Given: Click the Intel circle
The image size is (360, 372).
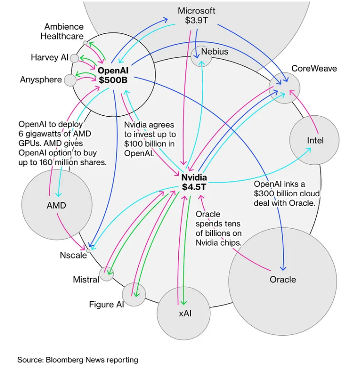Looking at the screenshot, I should tap(314, 140).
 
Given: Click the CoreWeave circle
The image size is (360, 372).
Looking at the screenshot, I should tap(284, 88).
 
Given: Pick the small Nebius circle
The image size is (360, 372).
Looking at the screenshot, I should tap(201, 56).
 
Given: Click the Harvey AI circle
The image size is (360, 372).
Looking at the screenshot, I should tap(74, 58).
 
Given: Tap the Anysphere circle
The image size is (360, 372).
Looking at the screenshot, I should tap(70, 80).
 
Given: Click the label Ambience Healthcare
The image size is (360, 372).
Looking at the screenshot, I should tap(64, 31).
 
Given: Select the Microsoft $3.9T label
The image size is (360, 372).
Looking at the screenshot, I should tap(196, 16).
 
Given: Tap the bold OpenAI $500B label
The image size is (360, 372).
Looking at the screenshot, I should tap(113, 75).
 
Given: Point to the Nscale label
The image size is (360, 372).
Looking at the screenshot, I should tap(73, 255).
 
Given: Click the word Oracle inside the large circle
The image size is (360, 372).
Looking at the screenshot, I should tap(283, 280).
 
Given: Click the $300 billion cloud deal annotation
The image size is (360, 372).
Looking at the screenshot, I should tap(287, 193).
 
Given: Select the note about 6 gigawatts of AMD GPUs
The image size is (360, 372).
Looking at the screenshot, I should tap(62, 143).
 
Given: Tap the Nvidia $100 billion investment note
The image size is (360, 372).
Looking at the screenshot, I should tap(150, 139).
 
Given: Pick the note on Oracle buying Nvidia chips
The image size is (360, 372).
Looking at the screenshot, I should tap(218, 229).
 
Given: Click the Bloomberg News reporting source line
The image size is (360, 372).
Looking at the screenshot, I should tap(78, 360).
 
